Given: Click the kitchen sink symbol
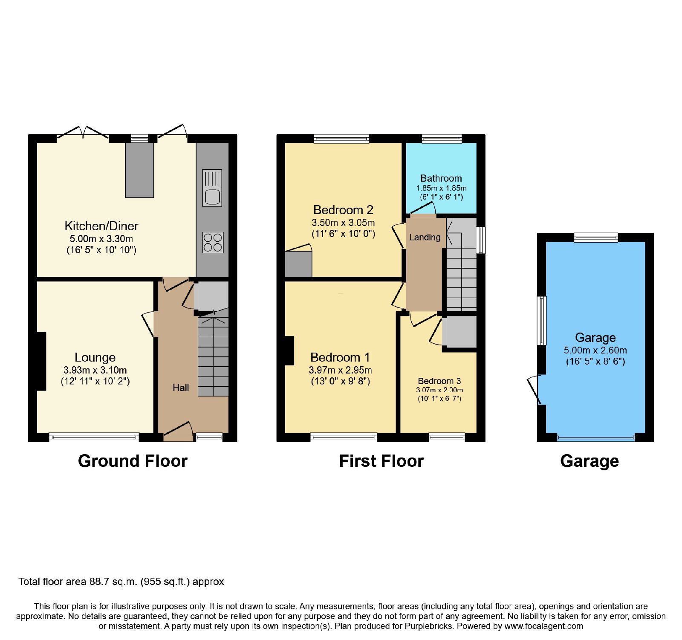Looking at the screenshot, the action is click(212, 188).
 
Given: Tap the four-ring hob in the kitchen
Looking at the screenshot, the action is click(213, 242).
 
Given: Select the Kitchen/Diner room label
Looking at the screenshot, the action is click(101, 226).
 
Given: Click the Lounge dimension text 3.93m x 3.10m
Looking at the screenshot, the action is click(95, 370).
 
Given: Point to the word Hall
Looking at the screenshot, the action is click(181, 388).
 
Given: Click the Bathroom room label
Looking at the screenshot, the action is click(441, 178).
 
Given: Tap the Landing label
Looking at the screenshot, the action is click(425, 237).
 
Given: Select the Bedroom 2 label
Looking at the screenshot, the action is click(343, 210).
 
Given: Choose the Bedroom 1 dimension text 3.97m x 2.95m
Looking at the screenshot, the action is click(340, 370).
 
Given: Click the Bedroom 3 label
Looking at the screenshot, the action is click(439, 381).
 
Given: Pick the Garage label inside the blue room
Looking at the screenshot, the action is click(595, 338).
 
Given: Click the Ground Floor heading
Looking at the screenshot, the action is click(133, 461).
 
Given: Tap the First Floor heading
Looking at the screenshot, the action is click(381, 461).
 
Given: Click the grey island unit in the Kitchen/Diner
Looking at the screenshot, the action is click(139, 170).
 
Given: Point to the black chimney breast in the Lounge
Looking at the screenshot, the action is click(41, 361).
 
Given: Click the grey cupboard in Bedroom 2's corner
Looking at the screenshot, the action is click(298, 264).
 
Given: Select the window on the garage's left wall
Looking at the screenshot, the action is click(541, 321).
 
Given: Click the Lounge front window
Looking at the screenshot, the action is click(94, 437).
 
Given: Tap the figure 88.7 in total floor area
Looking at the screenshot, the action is click(99, 582).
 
